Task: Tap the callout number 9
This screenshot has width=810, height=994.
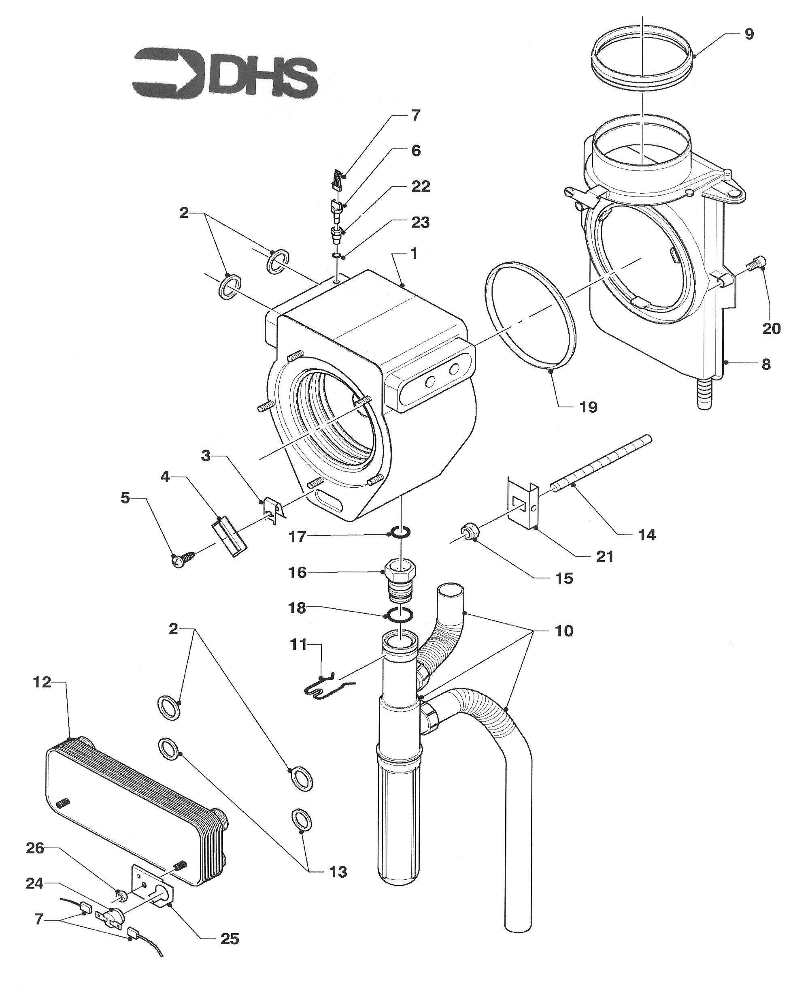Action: click(748, 34)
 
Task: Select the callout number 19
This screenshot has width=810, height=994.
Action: click(588, 407)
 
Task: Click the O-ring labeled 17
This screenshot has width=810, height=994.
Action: click(401, 532)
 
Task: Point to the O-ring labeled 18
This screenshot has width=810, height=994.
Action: click(400, 616)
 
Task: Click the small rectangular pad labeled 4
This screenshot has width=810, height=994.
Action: click(229, 535)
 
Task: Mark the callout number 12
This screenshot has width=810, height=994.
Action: click(42, 682)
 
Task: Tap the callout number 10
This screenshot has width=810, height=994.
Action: click(563, 631)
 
